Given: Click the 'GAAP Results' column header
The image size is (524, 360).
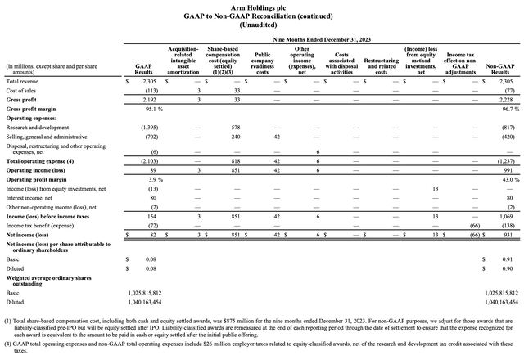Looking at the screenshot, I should coord(143,69).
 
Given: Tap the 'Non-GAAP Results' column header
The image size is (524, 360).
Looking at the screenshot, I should coord(499,69).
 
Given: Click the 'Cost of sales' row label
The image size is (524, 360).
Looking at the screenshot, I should coord(21,92).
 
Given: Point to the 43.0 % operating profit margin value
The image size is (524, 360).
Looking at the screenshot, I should coord(501,179).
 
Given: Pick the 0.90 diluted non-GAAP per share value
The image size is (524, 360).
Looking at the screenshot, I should coord(506,267).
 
